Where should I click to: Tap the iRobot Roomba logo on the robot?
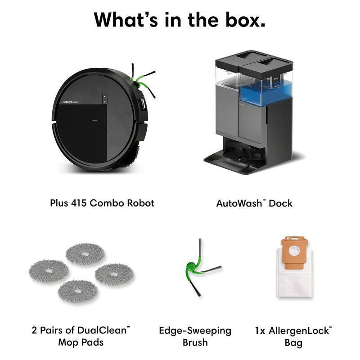click(71, 102)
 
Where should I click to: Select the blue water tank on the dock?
click(265, 92)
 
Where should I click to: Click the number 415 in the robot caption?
click(78, 203)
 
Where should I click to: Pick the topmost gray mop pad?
click(85, 254)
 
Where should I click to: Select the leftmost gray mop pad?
click(49, 271)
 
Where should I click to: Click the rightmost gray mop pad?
click(114, 274)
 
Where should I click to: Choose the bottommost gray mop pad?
click(77, 291)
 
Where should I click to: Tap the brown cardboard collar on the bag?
click(294, 252)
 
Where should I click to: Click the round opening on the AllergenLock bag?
click(294, 251)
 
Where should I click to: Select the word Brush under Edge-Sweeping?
click(195, 342)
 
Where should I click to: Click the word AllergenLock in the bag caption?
click(300, 331)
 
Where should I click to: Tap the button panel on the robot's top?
click(104, 99)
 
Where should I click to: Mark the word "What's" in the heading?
click(126, 20)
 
